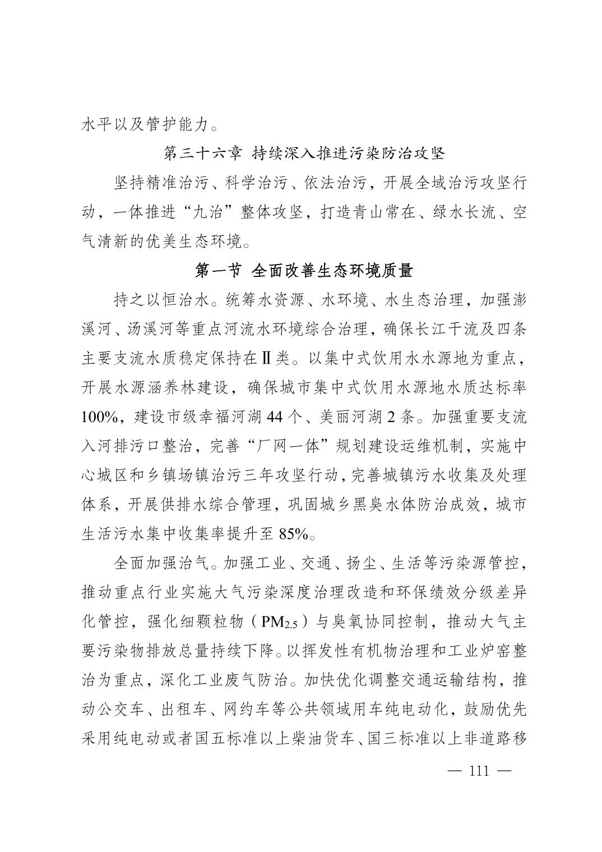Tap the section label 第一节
click(218, 271)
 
